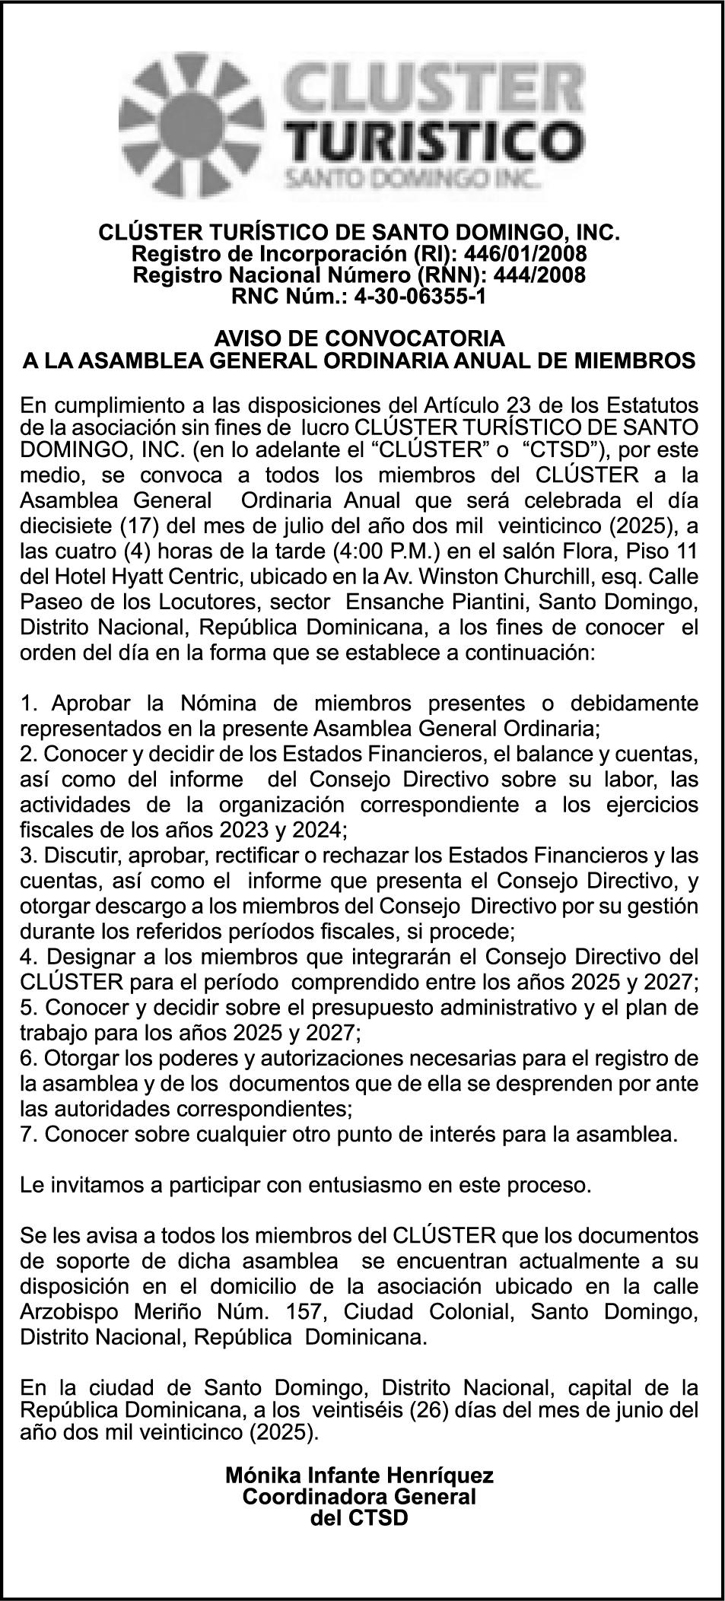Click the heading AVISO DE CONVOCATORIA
pyautogui.click(x=359, y=338)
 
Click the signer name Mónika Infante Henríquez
pyautogui.click(x=360, y=1476)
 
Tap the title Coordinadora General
pyautogui.click(x=360, y=1497)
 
